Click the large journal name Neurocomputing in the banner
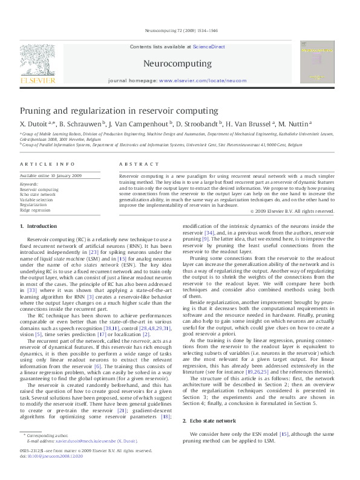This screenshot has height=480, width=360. [x=177, y=63]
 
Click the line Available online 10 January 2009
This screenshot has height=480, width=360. [x=51, y=175]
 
